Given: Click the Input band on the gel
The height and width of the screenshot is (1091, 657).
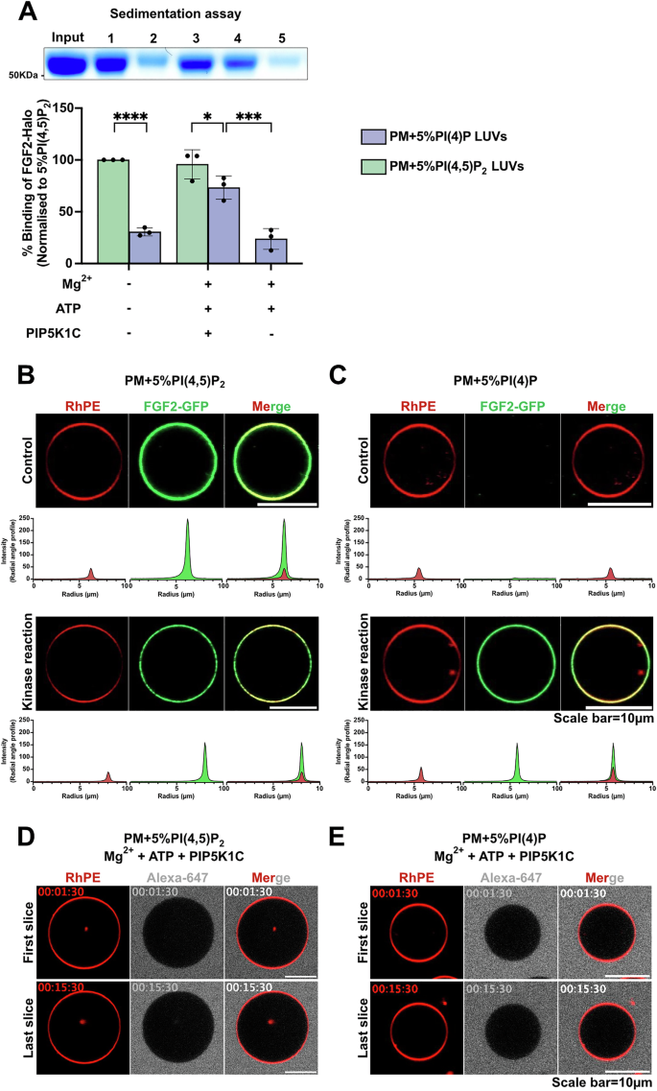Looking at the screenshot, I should (69, 65).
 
